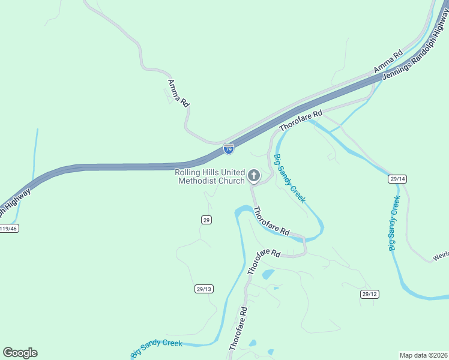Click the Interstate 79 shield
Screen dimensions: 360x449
229,148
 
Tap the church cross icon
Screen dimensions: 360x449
253,176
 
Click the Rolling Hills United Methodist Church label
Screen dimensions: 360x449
209,176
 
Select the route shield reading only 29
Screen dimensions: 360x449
206,220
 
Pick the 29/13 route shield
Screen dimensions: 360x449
204,289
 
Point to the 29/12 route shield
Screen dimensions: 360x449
370,293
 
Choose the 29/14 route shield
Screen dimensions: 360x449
397,179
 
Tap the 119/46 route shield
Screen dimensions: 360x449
8,229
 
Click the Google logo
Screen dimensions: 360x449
20,353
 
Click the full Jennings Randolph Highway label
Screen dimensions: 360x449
414,64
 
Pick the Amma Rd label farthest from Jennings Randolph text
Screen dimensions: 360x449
178,93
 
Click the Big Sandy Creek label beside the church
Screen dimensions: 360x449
289,179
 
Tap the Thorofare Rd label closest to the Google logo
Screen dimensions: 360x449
238,329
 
